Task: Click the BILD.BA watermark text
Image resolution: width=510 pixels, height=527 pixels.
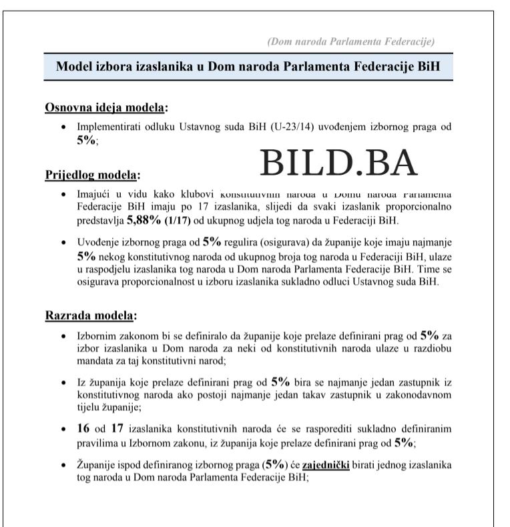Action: pos(338,162)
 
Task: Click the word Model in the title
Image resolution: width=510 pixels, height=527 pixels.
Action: pos(74,67)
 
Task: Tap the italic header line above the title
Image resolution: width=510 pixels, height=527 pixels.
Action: pos(350,41)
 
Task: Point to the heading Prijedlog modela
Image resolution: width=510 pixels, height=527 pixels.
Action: pos(92,175)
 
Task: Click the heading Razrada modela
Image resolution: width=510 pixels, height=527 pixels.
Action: pos(90,314)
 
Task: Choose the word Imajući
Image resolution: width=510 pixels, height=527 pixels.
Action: pos(93,193)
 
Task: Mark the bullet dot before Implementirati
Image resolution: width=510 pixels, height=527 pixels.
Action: pos(63,126)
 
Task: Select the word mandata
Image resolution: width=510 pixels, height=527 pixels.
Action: pos(95,360)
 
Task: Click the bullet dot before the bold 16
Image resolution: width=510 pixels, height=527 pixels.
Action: pos(63,429)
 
